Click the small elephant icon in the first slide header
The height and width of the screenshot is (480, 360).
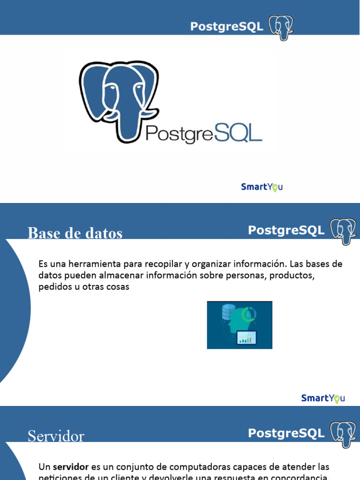(281, 27)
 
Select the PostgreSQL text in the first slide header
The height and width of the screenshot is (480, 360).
(226, 27)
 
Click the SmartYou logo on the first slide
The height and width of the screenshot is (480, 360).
(262, 187)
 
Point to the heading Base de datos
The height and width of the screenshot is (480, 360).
(75, 232)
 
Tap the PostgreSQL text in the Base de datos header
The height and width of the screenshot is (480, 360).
(286, 230)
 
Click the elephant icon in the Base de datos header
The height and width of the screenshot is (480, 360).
(343, 231)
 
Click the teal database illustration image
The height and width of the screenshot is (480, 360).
(240, 325)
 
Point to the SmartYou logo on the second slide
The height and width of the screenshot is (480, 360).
(323, 398)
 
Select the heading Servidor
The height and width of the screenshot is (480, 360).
(56, 436)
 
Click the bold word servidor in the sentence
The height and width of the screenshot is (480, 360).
(71, 467)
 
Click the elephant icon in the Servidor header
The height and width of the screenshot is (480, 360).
(343, 434)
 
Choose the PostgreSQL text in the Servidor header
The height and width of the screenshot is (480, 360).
(286, 433)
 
